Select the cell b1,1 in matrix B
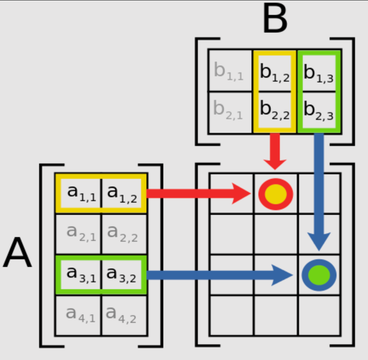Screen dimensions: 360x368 point(229,71)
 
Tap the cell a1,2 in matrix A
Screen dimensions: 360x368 point(122,193)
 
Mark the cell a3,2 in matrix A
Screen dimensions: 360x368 point(122,274)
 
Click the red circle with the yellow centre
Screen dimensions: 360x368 point(276,194)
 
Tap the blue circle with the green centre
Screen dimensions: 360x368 point(319,275)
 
